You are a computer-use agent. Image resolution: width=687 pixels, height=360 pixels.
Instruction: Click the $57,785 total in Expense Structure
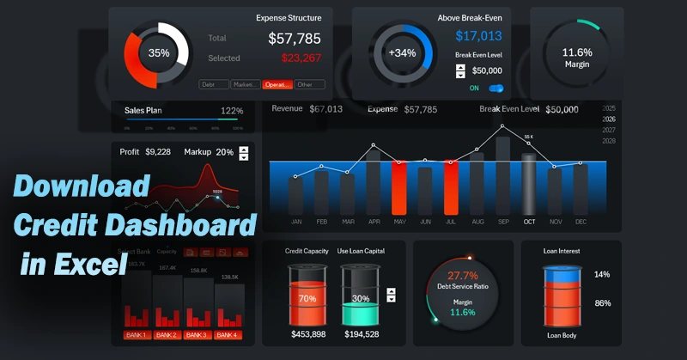(295, 38)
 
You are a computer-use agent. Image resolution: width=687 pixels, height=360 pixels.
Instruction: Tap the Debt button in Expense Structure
(214, 84)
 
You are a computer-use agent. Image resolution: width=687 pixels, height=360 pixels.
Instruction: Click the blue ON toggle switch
(495, 88)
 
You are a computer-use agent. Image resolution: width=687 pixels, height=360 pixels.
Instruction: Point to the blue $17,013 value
(478, 36)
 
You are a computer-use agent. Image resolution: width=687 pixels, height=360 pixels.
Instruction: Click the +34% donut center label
(402, 52)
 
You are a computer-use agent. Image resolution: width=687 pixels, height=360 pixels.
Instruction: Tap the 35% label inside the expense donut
(159, 52)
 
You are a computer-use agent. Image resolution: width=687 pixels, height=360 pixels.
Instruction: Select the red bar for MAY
(399, 187)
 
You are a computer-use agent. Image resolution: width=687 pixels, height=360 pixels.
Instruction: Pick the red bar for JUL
(451, 187)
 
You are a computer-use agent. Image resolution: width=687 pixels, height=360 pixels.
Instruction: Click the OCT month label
(529, 222)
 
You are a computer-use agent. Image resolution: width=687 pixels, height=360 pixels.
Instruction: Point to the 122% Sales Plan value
(232, 111)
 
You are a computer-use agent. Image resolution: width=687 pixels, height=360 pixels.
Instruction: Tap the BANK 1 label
(137, 334)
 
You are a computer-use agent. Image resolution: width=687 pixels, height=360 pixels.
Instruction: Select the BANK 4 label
(228, 334)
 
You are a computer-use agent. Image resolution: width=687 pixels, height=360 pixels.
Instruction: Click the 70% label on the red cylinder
(307, 299)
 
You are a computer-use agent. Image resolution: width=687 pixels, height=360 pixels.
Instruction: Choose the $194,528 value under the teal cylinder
(361, 333)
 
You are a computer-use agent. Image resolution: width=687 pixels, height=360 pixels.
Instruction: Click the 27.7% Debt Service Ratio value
(463, 275)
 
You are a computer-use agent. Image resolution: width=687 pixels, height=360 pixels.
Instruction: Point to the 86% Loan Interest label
(602, 303)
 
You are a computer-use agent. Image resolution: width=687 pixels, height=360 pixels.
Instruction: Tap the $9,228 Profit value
(158, 152)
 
